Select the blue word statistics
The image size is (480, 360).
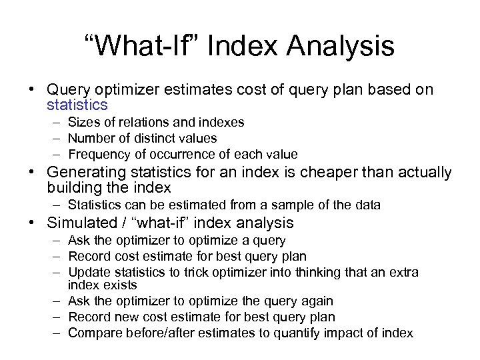pyautogui.click(x=77, y=105)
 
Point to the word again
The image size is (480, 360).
pyautogui.click(x=315, y=301)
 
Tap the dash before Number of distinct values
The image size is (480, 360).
pyautogui.click(x=53, y=138)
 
